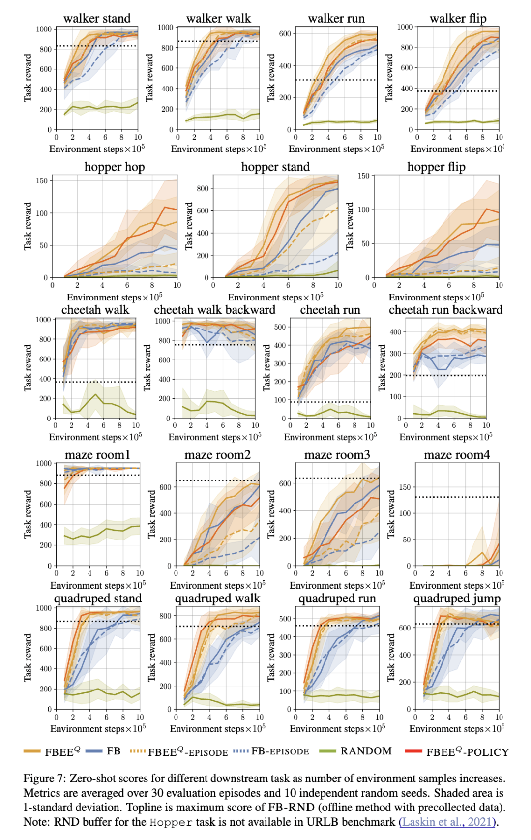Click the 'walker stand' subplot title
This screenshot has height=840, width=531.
(97, 19)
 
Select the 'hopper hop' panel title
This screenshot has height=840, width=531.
(115, 167)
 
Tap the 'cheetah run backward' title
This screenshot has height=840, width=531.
(445, 310)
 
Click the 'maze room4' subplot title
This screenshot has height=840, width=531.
(457, 455)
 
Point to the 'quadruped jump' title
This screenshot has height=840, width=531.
(457, 599)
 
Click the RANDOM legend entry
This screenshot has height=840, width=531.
(366, 751)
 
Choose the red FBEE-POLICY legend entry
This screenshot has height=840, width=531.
(467, 752)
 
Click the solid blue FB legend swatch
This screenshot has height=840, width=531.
(93, 751)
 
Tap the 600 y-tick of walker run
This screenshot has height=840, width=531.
(285, 33)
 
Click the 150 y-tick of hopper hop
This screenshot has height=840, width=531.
(42, 180)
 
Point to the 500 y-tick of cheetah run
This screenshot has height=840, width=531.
(280, 327)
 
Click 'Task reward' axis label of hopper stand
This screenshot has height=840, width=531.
(189, 226)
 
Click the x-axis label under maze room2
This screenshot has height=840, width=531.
(217, 585)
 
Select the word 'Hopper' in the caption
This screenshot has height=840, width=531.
(171, 822)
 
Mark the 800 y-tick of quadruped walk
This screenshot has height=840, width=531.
(165, 616)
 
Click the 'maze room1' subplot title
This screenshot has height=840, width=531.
(97, 455)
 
